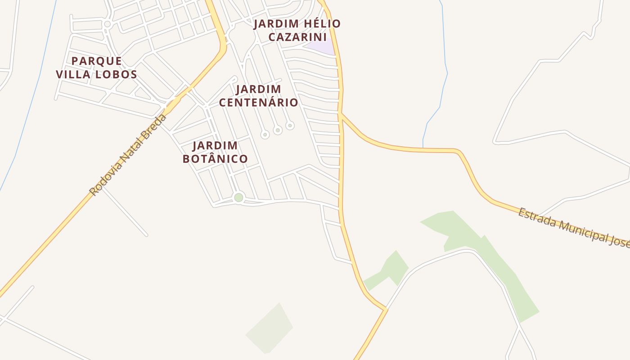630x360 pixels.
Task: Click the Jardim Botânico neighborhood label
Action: point(215,152)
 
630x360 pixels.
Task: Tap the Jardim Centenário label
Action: point(258,96)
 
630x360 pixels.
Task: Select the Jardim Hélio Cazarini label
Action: point(297,30)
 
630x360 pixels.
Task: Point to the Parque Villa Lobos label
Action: point(96,67)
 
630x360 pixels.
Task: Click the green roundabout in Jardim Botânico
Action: point(238,198)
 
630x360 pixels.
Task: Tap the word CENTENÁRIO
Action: point(258,103)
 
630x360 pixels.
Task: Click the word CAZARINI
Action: point(297,37)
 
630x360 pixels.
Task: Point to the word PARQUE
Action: point(96,61)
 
